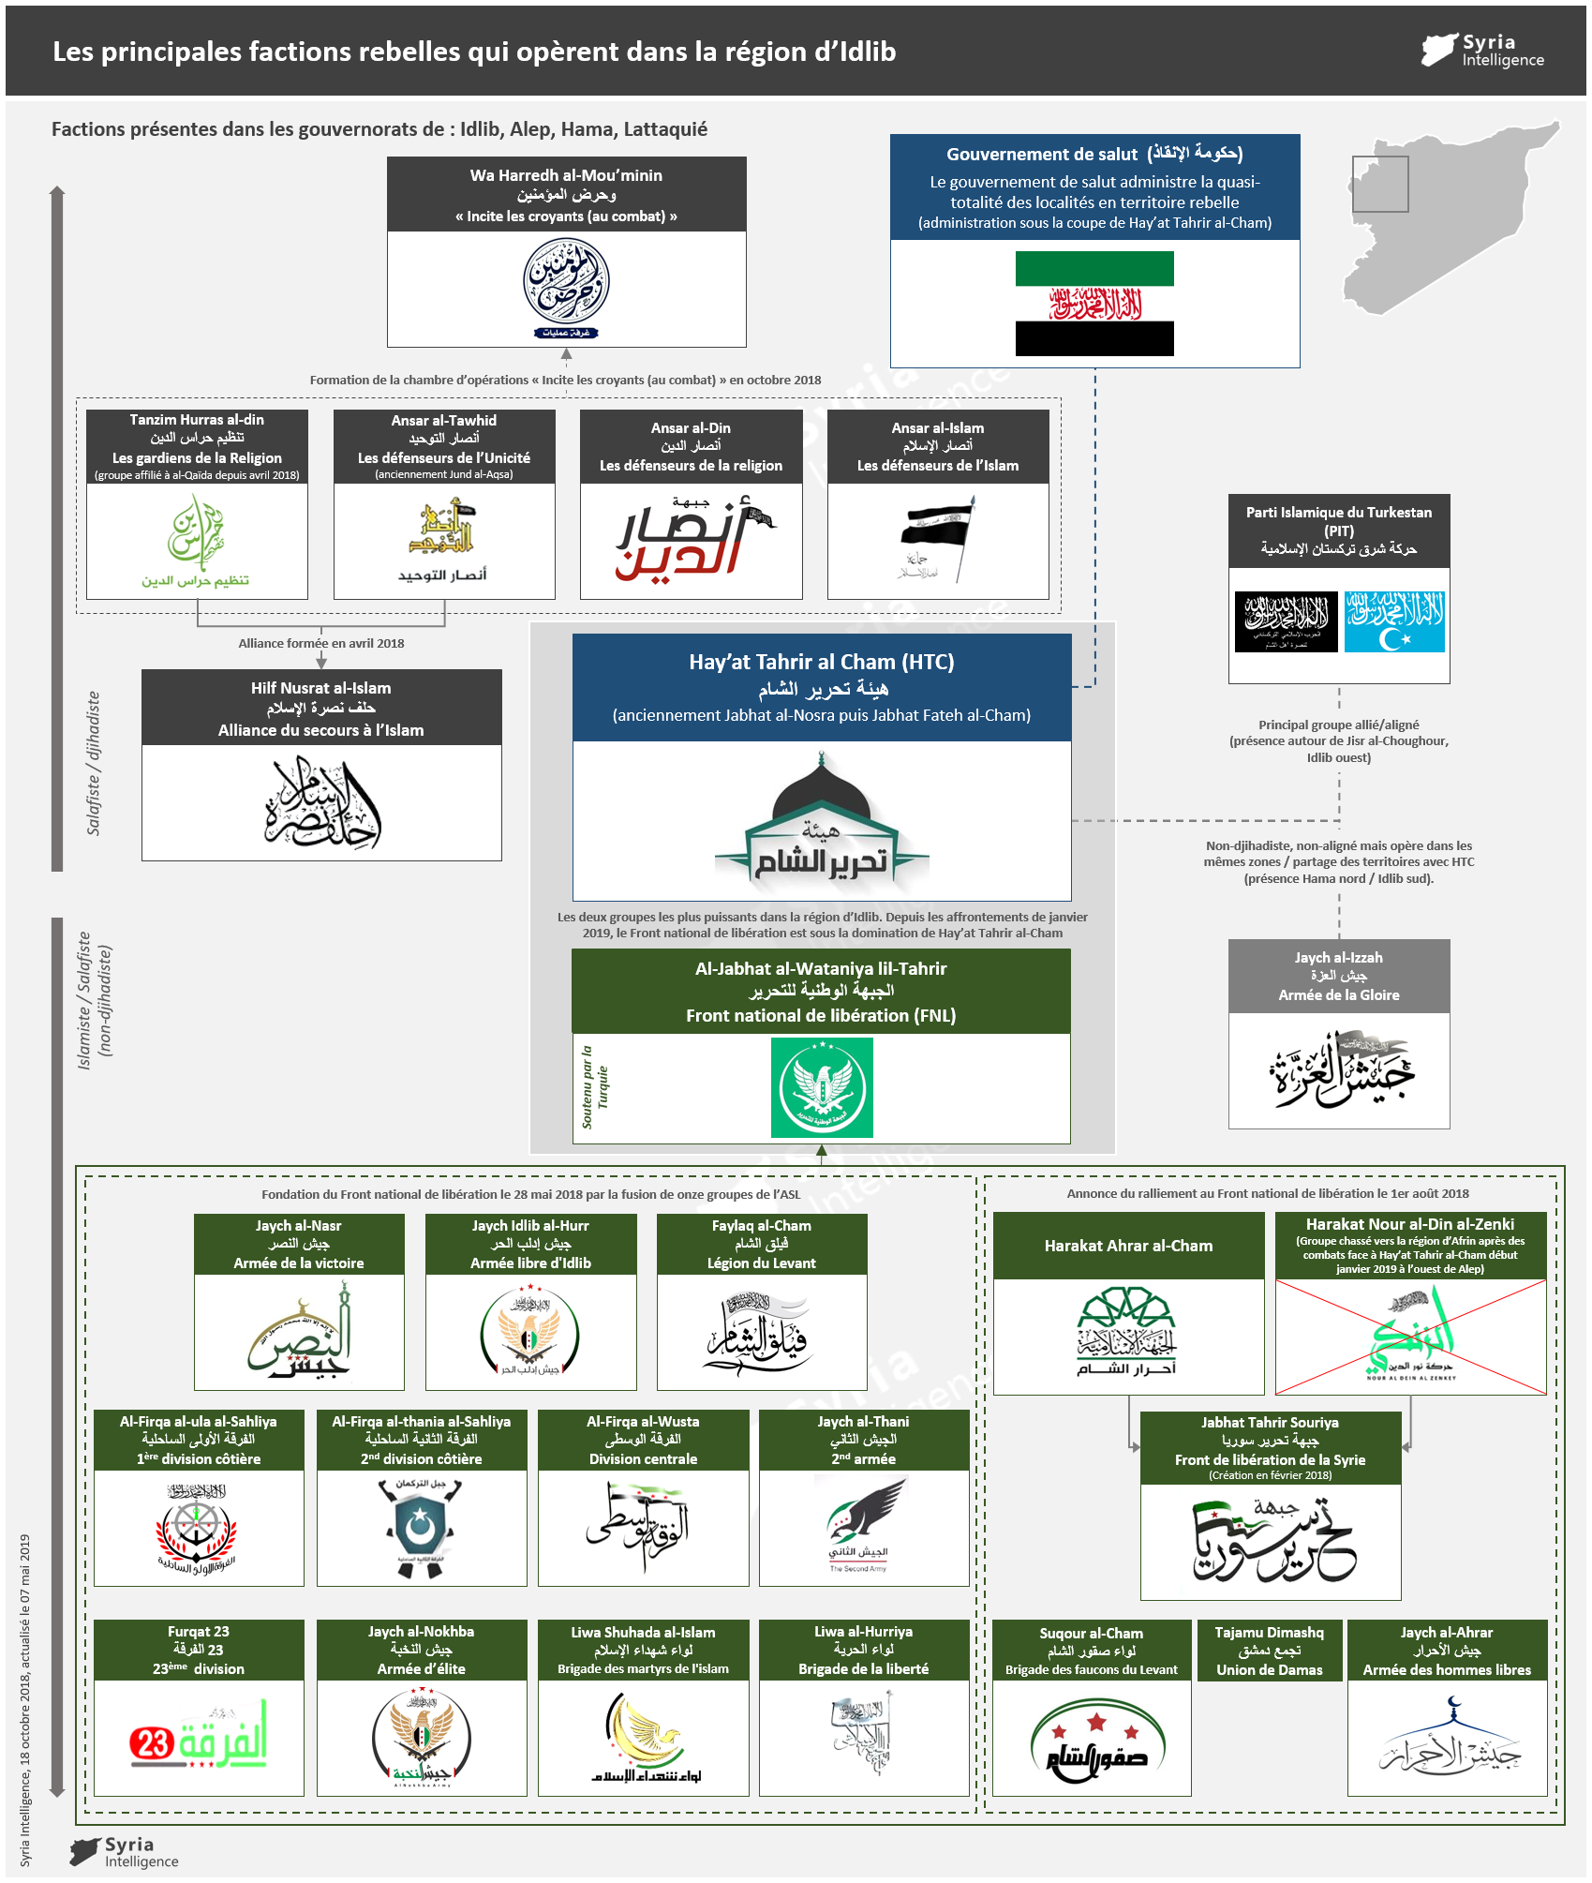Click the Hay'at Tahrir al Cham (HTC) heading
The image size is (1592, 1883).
(821, 662)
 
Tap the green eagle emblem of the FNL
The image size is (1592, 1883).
(822, 1087)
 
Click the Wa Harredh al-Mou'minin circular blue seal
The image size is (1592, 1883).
(566, 282)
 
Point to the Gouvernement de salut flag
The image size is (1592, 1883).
(1094, 304)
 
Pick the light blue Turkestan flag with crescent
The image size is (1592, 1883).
(1394, 621)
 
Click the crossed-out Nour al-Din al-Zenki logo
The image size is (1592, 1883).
(1410, 1338)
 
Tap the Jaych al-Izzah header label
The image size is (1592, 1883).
(1339, 976)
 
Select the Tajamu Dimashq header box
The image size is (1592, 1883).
(1270, 1651)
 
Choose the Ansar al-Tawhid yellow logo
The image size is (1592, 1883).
(443, 530)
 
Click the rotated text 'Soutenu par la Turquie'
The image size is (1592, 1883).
(594, 1087)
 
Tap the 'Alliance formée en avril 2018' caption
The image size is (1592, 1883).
(321, 643)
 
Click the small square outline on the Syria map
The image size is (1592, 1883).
(1380, 184)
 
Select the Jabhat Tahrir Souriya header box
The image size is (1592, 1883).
(1270, 1448)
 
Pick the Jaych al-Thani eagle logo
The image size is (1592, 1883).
(864, 1521)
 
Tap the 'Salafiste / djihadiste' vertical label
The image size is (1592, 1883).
(94, 763)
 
